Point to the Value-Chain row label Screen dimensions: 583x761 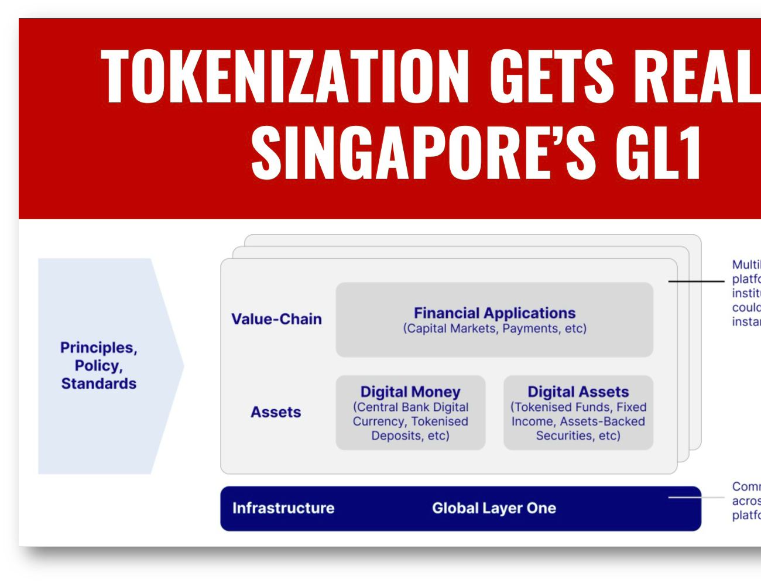tap(276, 319)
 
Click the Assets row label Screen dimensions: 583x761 tap(276, 412)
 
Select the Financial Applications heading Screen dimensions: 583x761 tap(495, 313)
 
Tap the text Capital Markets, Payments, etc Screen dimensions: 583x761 tap(495, 328)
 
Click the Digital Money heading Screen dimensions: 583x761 tap(410, 392)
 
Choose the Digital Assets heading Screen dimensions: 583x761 tap(578, 392)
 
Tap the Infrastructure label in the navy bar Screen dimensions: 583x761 tap(283, 508)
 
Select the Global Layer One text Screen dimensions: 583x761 tap(494, 508)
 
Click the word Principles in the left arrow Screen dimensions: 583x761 tap(98, 348)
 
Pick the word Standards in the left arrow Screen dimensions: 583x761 tap(98, 384)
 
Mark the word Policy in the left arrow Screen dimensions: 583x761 tap(98, 366)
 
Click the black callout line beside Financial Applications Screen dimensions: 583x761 tap(697, 282)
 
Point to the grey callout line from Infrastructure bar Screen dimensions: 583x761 tap(697, 498)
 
